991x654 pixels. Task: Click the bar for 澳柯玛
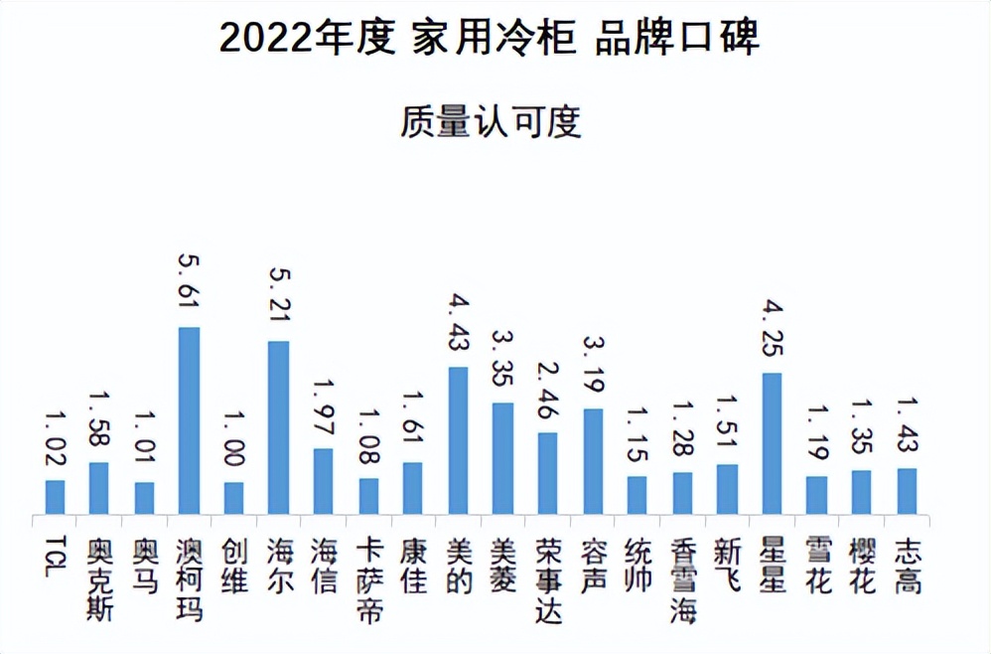[x=189, y=420]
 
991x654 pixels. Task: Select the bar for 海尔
[x=278, y=427]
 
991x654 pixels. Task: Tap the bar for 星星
[x=772, y=443]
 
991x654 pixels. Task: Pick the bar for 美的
[x=458, y=440]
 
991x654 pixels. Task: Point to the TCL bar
[x=56, y=497]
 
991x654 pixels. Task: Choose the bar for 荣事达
[x=547, y=473]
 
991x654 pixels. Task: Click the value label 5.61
[x=189, y=286]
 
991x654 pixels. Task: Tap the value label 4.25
[x=772, y=332]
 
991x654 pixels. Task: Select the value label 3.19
[x=592, y=369]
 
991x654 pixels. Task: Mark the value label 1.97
[x=324, y=409]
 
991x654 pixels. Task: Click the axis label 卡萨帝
[x=368, y=580]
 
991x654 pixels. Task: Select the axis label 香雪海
[x=682, y=580]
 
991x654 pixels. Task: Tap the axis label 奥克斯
[x=99, y=580]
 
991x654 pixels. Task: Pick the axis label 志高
[x=906, y=567]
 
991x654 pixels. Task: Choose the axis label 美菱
[x=502, y=567]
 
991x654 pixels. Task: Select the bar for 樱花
[x=861, y=492]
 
